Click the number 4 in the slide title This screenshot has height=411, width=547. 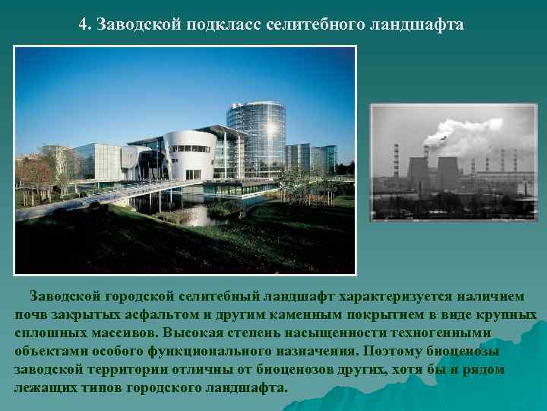83,25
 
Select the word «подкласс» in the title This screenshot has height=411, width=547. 220,25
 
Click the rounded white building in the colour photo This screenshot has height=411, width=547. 190,152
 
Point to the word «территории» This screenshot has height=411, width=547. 130,369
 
